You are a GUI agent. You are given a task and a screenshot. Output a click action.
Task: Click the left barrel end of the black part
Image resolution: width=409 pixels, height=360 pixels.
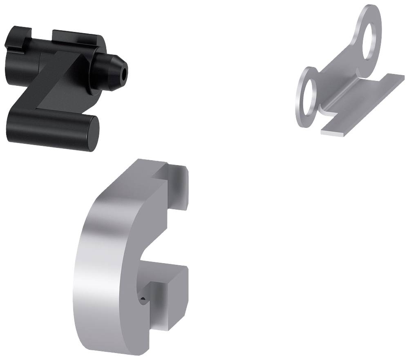(14, 65)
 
